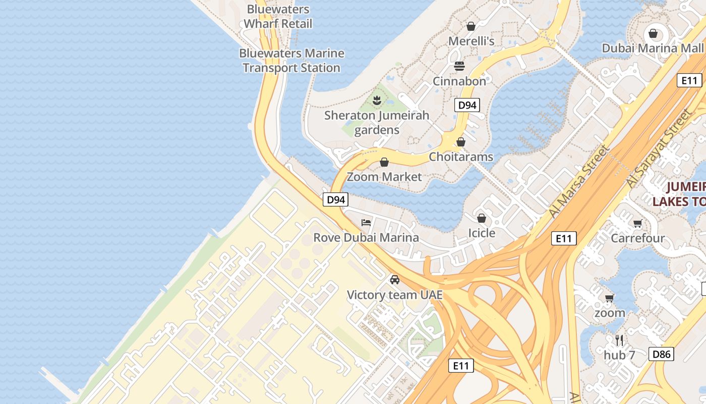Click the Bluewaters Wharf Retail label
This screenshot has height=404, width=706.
point(278,17)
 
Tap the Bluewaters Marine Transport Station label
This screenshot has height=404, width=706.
point(291,61)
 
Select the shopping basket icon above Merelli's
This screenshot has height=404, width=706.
point(471,26)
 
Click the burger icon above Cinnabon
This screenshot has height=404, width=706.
point(459,66)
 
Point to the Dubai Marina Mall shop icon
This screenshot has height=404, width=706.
point(653,34)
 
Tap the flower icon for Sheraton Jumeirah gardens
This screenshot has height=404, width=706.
point(376,100)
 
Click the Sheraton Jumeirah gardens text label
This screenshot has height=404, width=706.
point(377,123)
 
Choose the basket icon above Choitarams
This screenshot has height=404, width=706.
point(461,142)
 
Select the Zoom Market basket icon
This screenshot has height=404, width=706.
point(384,162)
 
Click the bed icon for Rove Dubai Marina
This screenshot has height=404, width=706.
point(366,222)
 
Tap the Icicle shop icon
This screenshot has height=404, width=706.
point(482,218)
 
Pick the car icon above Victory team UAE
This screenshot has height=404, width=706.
point(395,280)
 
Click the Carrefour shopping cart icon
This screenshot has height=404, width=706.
point(637,223)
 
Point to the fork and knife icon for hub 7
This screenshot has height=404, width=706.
point(619,340)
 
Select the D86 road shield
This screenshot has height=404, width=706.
point(661,354)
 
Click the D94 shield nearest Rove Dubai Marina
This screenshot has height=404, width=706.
point(335,199)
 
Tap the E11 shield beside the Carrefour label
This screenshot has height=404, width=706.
point(563,238)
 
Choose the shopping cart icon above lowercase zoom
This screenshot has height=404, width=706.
point(609,298)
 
